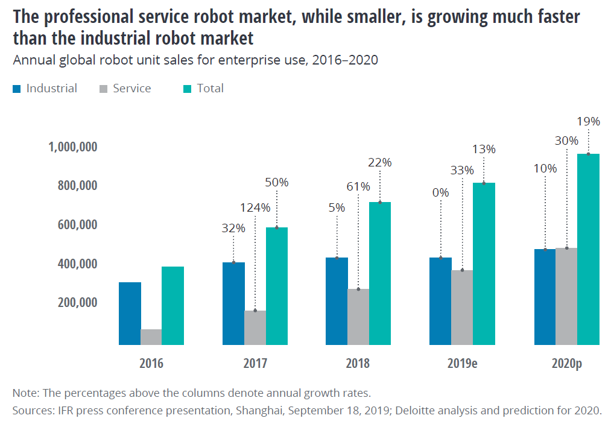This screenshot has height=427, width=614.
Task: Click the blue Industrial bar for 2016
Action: [130, 314]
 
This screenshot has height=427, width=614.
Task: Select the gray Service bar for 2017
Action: [255, 328]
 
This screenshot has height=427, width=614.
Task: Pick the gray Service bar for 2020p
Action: [566, 296]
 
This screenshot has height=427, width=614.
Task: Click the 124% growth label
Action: [255, 207]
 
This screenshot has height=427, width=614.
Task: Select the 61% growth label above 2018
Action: [358, 186]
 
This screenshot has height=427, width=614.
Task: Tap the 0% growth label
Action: [441, 193]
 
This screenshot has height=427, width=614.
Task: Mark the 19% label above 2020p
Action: [588, 121]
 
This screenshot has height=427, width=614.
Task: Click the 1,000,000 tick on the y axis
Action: [72, 147]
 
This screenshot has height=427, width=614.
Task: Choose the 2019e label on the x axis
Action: [462, 364]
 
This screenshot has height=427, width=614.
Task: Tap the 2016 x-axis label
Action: [151, 364]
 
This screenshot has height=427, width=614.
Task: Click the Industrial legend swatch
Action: [17, 89]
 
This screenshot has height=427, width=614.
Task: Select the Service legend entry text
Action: [131, 89]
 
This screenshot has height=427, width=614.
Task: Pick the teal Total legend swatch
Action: [187, 89]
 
